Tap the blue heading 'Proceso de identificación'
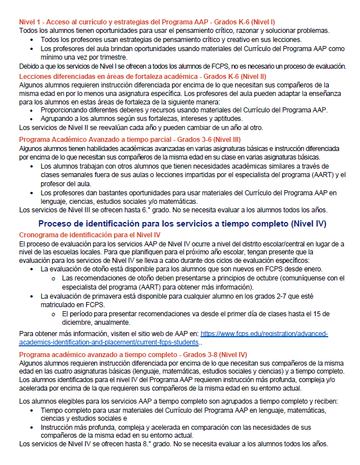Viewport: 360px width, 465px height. click(x=182, y=224)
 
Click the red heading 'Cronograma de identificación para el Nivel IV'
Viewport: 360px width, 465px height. click(x=90, y=234)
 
